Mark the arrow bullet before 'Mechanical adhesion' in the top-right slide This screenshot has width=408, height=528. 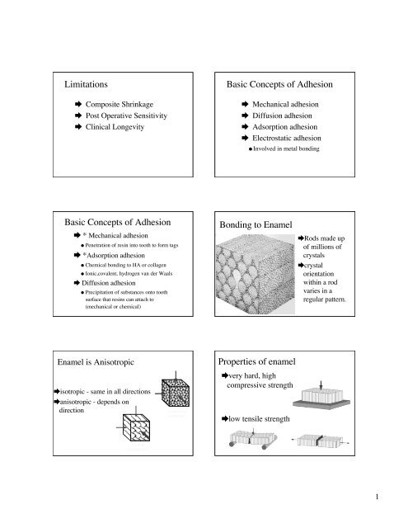click(245, 106)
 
